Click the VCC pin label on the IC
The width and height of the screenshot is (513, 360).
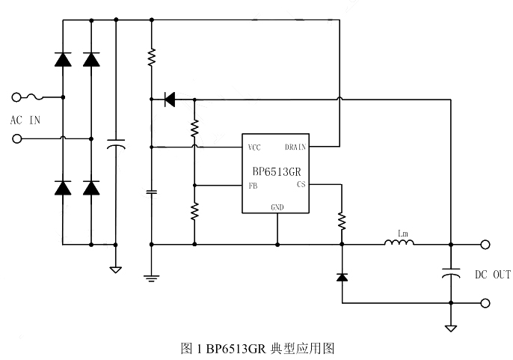point(254,147)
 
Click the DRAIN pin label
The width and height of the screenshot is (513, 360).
point(295,147)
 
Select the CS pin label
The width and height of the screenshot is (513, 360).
point(301,184)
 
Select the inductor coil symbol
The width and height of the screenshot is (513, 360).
point(399,242)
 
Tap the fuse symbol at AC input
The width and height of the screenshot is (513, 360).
point(37,97)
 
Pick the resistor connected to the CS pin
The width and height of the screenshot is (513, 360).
point(342,220)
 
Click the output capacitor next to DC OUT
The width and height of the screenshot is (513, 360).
point(451,273)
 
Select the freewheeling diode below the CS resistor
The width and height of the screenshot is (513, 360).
point(342,277)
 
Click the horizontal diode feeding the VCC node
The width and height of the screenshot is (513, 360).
point(169,98)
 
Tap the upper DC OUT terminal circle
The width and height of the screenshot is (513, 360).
point(485,244)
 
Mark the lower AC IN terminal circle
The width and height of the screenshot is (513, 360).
point(17,138)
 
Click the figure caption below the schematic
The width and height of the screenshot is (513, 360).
point(256,348)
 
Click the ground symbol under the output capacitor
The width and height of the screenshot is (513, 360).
point(451,328)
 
